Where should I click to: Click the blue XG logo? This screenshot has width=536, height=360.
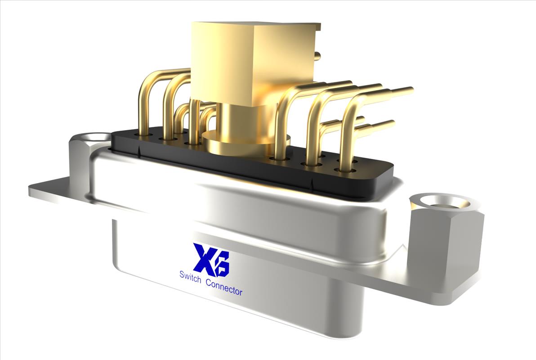point(211,259)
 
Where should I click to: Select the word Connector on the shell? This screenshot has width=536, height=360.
point(223,287)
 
